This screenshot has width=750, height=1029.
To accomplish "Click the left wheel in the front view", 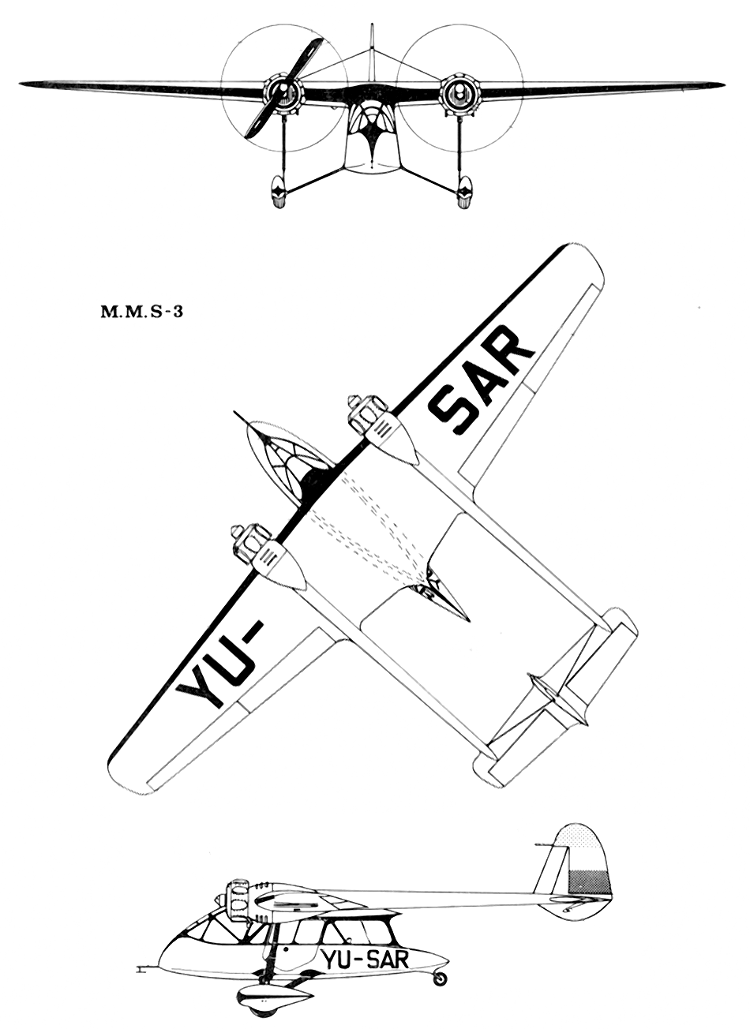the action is [279, 191].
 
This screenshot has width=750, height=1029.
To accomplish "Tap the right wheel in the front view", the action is [465, 191].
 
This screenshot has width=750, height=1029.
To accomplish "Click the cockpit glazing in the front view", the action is [372, 121].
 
